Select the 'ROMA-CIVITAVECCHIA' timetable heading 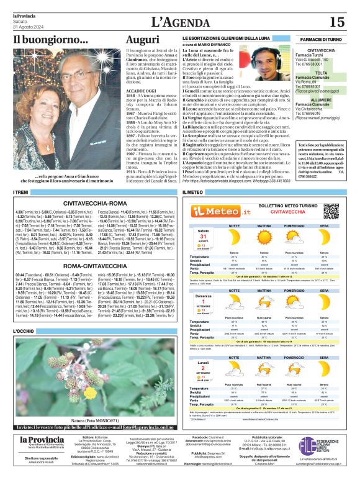[96, 266]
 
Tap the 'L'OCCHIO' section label [23, 331]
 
